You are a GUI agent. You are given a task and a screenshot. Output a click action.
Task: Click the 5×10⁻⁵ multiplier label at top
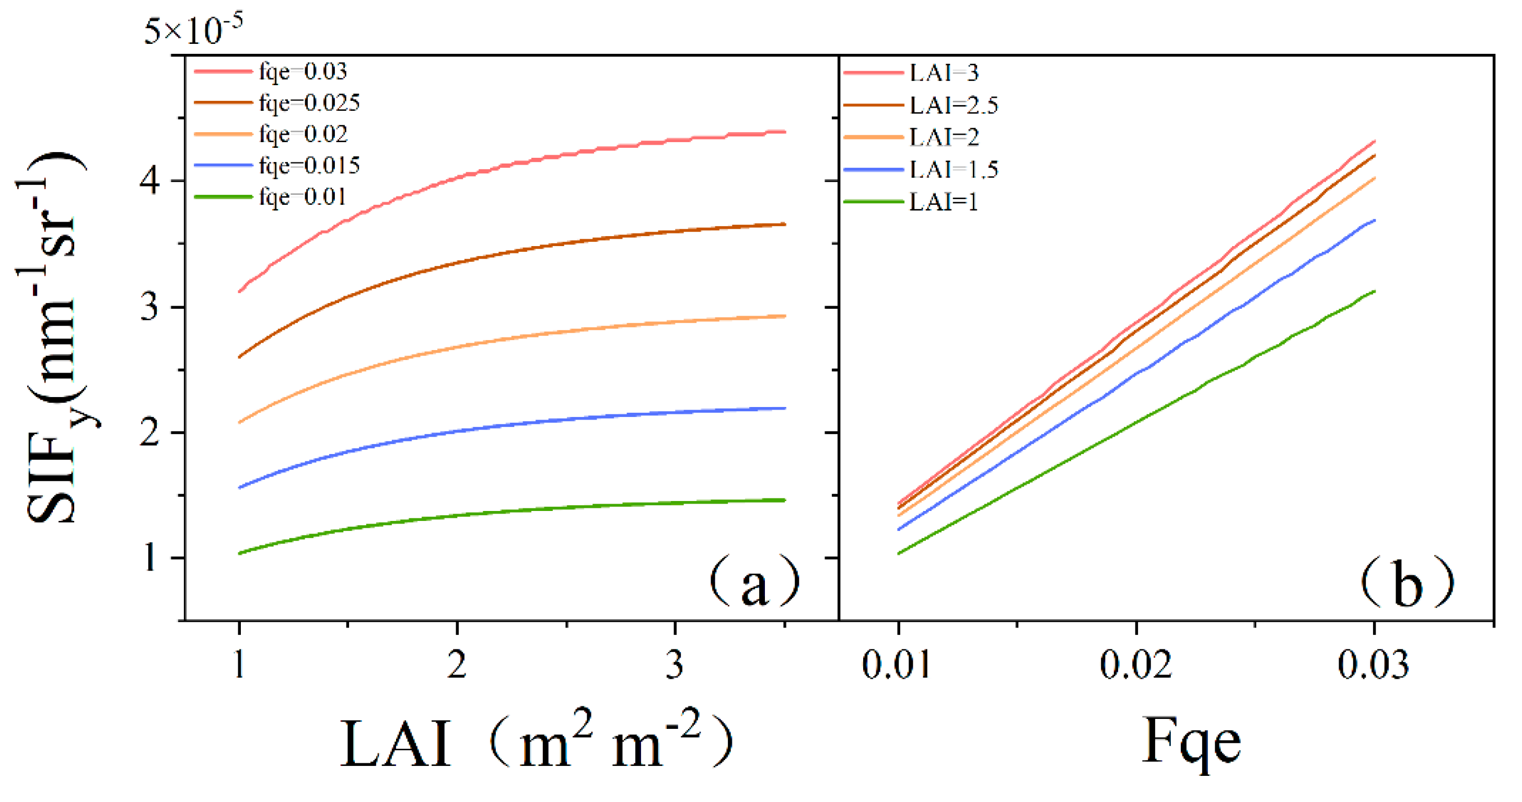point(193,30)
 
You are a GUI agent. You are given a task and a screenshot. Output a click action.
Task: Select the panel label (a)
point(754,582)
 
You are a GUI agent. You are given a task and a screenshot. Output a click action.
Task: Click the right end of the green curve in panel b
point(1374,292)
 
